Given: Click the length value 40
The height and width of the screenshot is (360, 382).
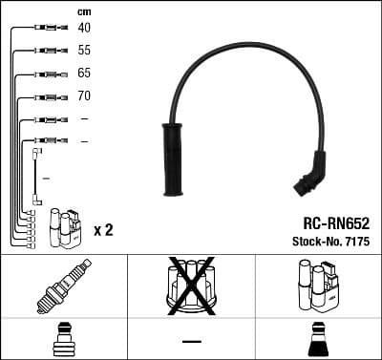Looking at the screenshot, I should pyautogui.click(x=84, y=28).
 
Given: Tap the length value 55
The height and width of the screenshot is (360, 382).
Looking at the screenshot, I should pyautogui.click(x=84, y=51).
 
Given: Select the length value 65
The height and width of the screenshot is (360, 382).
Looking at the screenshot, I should pyautogui.click(x=84, y=74).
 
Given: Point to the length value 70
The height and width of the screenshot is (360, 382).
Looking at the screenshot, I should pyautogui.click(x=84, y=96).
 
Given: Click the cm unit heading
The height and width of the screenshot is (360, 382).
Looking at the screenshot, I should pyautogui.click(x=83, y=11).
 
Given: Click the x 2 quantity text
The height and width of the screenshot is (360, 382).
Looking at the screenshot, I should pyautogui.click(x=103, y=230).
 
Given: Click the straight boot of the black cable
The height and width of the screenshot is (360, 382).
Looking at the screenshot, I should pyautogui.click(x=175, y=159).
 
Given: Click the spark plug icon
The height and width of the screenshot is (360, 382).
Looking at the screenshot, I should pyautogui.click(x=63, y=286).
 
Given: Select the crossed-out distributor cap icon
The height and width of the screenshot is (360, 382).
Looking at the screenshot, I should pyautogui.click(x=190, y=286).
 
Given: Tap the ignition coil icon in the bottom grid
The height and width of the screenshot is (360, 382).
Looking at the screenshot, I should pyautogui.click(x=317, y=286).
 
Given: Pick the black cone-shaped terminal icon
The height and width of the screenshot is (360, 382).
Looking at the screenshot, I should pyautogui.click(x=317, y=340).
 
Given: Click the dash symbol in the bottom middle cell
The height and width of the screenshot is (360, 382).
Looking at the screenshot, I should pyautogui.click(x=191, y=341).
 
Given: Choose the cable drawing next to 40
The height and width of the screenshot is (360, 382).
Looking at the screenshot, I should pyautogui.click(x=46, y=28).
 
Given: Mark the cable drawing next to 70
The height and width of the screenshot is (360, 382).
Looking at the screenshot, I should pyautogui.click(x=46, y=96).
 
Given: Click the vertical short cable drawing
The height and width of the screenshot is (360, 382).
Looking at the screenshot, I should pyautogui.click(x=36, y=177).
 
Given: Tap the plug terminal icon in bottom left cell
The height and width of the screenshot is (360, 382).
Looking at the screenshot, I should pyautogui.click(x=63, y=340).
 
